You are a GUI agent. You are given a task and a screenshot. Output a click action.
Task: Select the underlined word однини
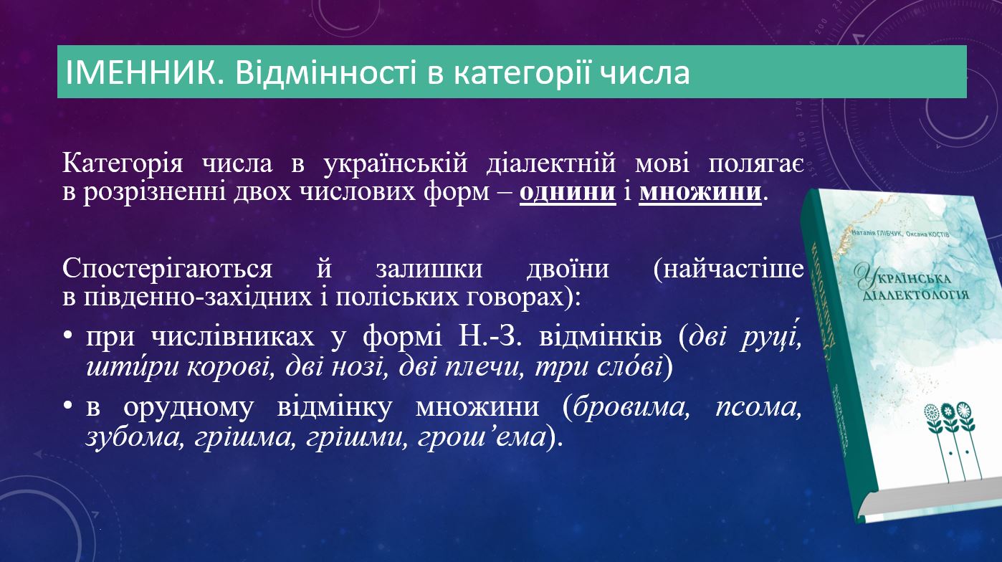(x=568, y=191)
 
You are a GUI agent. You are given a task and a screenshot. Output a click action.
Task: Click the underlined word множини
(x=700, y=191)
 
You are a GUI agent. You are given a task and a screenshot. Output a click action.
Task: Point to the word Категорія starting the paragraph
(x=123, y=163)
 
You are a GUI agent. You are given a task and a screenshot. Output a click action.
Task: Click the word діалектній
(x=551, y=163)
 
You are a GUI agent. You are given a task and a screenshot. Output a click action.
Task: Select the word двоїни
(x=568, y=269)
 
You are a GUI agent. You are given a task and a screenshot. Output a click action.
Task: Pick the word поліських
(x=397, y=296)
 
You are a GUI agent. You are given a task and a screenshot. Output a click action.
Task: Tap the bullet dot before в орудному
(x=67, y=406)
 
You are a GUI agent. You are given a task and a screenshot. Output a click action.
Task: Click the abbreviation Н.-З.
(x=490, y=336)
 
